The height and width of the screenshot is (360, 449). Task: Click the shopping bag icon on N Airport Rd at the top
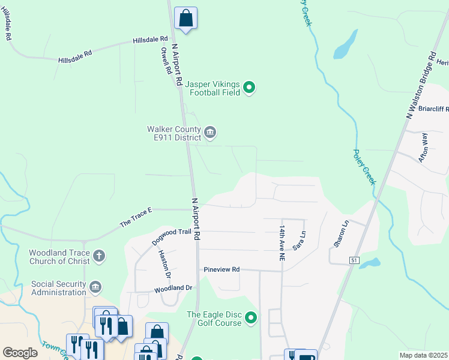click(185, 18)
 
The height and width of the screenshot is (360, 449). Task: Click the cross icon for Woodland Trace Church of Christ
click(99, 257)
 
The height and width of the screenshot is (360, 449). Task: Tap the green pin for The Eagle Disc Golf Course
click(252, 318)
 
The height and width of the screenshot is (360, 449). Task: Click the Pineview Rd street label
click(221, 270)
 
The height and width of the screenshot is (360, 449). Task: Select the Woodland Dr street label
click(173, 288)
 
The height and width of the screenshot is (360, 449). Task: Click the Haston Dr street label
click(164, 264)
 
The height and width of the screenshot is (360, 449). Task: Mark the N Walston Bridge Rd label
click(420, 85)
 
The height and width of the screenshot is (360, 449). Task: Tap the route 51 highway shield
click(355, 260)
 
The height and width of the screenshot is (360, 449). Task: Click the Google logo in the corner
click(20, 353)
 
